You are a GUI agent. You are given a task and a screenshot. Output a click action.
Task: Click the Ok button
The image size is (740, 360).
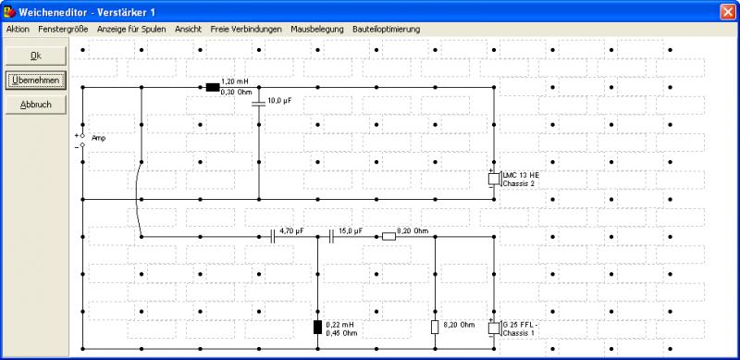pos(36,56)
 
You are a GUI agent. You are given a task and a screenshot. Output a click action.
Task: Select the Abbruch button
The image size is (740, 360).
pos(36,105)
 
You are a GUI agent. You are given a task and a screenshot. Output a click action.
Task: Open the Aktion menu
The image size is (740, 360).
pos(18,30)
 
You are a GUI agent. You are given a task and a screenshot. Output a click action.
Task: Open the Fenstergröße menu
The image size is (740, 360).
pos(63,30)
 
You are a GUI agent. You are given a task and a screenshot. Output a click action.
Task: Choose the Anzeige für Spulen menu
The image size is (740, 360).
pos(131,30)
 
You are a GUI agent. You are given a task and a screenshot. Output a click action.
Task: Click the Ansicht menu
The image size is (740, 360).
pos(189,30)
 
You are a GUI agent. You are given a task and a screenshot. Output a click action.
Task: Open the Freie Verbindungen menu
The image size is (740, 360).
pos(246,30)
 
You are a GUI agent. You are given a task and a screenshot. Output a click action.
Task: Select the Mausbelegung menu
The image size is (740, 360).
pos(317,30)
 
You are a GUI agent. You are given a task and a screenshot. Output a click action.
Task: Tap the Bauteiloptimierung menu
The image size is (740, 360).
pos(386,30)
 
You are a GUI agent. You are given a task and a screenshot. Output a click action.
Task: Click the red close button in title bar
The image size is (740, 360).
pos(728,12)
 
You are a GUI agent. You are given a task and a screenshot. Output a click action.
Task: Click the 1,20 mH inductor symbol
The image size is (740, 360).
pos(213,87)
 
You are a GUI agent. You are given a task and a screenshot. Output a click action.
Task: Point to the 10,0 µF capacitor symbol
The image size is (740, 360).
pos(259,104)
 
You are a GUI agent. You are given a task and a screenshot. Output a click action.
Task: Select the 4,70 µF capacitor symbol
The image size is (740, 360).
pos(272,236)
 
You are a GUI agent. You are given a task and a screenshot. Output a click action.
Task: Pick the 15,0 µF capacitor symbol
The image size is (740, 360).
pos(331,236)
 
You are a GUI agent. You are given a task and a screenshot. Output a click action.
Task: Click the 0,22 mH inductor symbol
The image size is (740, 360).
pos(317,327)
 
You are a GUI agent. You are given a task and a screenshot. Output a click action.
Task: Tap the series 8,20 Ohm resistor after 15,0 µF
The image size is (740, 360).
pos(388,236)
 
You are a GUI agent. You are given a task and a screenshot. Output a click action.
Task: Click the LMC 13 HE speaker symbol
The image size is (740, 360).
pos(495,179)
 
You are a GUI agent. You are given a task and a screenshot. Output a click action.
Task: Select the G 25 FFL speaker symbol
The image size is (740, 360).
pos(495,328)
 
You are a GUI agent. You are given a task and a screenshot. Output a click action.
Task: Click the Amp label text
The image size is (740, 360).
pos(99,139)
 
